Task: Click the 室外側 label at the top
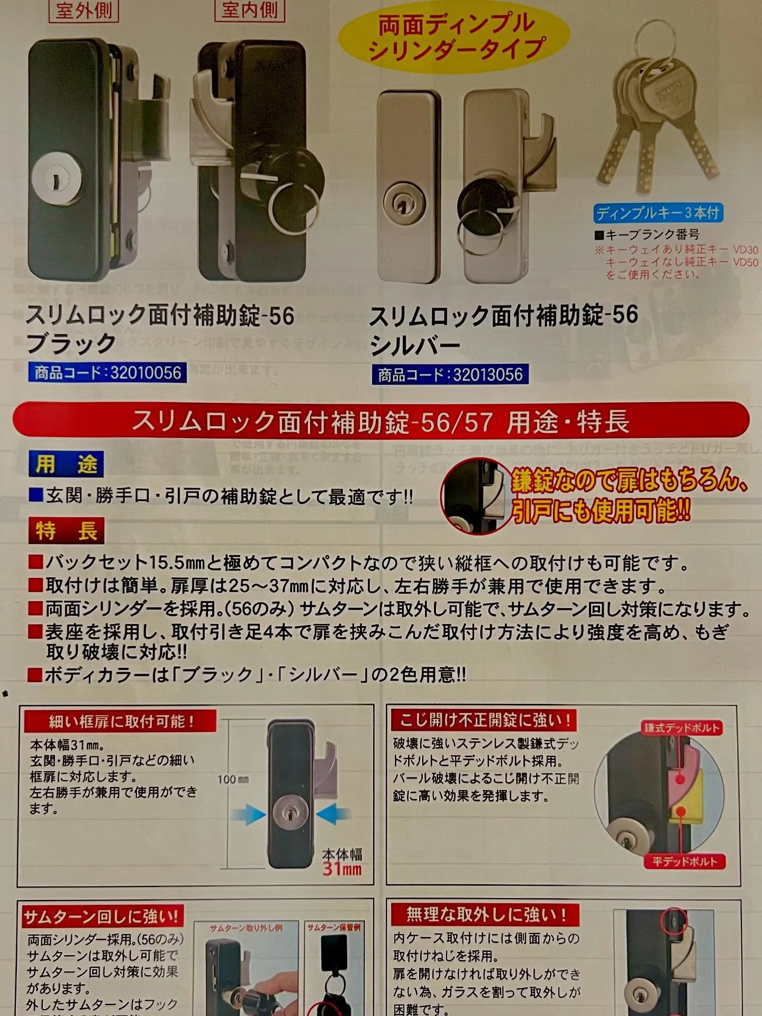[84, 10]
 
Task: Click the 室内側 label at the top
[250, 10]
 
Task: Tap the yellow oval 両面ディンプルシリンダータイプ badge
[455, 37]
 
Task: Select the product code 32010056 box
[107, 373]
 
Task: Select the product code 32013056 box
[450, 375]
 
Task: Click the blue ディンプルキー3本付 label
[658, 213]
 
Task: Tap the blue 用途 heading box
[66, 465]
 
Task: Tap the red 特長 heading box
[66, 531]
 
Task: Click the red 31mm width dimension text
[342, 869]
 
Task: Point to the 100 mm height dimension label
[233, 779]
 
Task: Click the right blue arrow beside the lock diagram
[333, 814]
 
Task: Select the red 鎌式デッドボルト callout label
[682, 728]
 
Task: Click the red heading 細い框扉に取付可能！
[121, 721]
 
